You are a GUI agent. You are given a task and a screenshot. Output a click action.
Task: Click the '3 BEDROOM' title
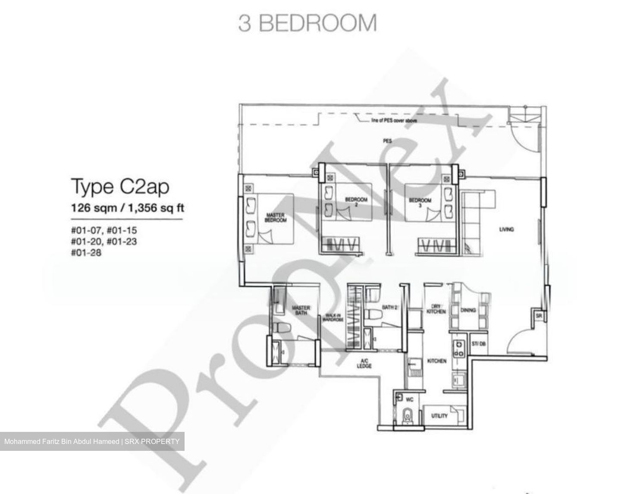[x=307, y=23]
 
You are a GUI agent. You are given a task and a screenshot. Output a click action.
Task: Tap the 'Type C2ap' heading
[x=120, y=187]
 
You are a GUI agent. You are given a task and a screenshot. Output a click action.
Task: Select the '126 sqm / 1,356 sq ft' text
[x=127, y=208]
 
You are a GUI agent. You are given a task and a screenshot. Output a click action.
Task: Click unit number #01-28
[x=87, y=253]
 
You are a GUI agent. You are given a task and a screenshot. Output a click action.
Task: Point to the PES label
[x=387, y=141]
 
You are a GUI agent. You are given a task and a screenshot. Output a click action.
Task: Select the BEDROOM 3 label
[x=420, y=202]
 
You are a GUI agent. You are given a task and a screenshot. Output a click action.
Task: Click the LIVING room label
[x=506, y=229]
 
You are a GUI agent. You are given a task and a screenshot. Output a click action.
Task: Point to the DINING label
[x=468, y=310]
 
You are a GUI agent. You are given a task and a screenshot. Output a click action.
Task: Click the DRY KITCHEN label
[x=436, y=308]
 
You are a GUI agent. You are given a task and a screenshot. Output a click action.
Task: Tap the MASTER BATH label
[x=301, y=310]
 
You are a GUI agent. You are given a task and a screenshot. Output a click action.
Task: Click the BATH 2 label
[x=389, y=307]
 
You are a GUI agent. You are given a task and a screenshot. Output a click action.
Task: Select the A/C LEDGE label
[x=364, y=363]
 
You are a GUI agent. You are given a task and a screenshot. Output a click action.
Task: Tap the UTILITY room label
[x=439, y=416]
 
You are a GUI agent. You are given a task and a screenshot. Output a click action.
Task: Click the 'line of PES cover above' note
[x=394, y=121]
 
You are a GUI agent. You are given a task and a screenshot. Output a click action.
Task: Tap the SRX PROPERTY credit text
[x=153, y=441]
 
